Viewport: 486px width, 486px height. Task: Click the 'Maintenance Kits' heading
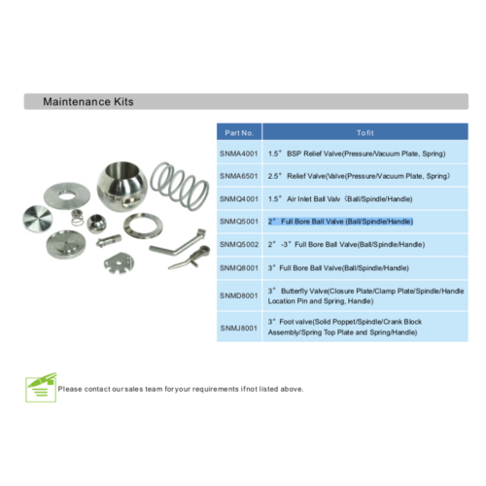click(x=88, y=102)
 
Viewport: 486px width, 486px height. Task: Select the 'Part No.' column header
click(x=239, y=133)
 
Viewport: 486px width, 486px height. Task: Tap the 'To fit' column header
click(x=365, y=133)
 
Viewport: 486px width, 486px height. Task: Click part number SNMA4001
click(x=239, y=154)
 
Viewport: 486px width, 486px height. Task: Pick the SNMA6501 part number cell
click(x=239, y=176)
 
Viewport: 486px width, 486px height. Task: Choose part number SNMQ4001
click(x=239, y=199)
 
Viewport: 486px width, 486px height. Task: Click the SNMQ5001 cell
click(x=239, y=222)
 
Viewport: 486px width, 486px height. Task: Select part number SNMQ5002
click(x=239, y=245)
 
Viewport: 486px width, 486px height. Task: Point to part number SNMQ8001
click(x=239, y=268)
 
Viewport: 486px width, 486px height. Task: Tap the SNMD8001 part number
click(x=239, y=295)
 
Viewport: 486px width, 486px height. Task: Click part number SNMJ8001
click(x=239, y=329)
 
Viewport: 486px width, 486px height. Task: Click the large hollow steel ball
click(x=121, y=187)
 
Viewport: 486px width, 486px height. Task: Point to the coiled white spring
click(x=180, y=186)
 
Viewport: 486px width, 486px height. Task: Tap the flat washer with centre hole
click(x=67, y=196)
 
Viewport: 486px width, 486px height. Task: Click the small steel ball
click(x=96, y=224)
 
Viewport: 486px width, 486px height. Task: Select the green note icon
click(x=41, y=388)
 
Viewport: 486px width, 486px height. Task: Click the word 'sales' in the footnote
click(x=133, y=389)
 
